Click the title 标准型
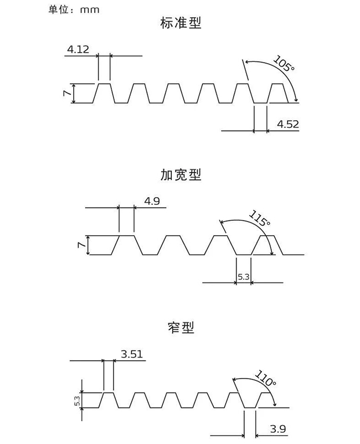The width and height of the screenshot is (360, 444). click(181, 23)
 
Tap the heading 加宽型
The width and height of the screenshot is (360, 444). click(181, 175)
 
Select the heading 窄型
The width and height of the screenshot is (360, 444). click(181, 328)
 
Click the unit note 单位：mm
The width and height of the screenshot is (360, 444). click(74, 9)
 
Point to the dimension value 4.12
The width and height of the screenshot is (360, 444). click(78, 50)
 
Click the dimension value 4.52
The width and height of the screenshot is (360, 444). click(288, 125)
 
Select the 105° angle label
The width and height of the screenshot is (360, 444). click(284, 64)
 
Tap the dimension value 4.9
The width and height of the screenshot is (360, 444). click(152, 201)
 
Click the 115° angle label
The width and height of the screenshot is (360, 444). click(260, 219)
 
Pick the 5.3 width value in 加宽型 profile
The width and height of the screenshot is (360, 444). click(244, 277)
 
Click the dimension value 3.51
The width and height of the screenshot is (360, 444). click(132, 354)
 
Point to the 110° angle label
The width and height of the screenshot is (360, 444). click(266, 378)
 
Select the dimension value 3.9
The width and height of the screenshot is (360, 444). click(278, 429)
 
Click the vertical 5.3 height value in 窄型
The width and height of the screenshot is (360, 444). click(78, 401)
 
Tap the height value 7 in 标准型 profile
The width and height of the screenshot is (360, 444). click(68, 93)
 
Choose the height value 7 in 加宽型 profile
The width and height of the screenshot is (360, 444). click(82, 245)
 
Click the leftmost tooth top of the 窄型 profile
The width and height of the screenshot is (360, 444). click(109, 393)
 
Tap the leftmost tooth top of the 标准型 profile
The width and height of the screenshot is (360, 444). click(104, 84)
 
